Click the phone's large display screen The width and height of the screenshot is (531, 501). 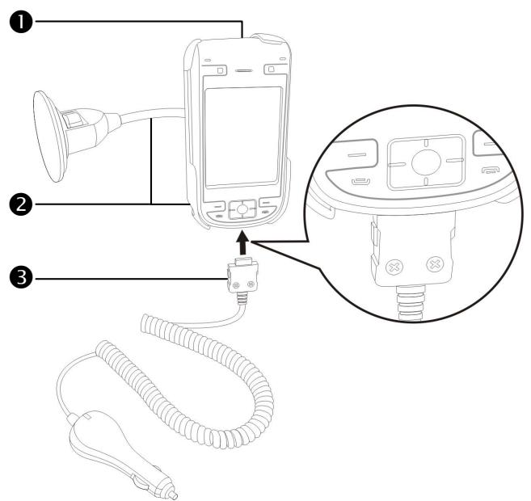click(242, 137)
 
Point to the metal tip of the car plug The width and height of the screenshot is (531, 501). click(171, 493)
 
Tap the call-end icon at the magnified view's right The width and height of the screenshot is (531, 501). click(490, 171)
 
